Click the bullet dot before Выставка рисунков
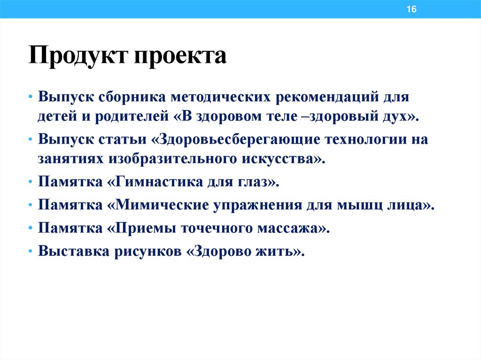coord(30,252)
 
